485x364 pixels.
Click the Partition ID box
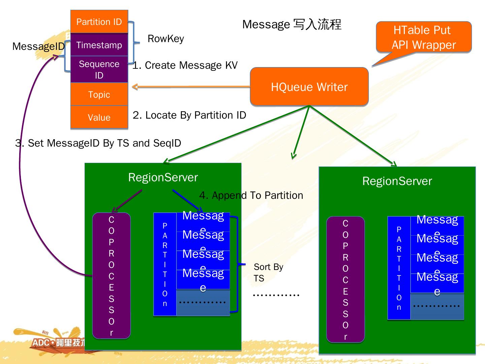(x=99, y=22)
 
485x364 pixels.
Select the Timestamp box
(x=99, y=45)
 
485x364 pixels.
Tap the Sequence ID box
(x=99, y=69)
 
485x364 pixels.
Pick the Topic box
(x=99, y=94)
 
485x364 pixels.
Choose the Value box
(x=99, y=117)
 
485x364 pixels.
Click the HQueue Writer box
(x=309, y=87)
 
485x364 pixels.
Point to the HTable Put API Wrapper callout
(x=423, y=37)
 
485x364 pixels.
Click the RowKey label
(x=166, y=39)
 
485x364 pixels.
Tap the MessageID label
(x=38, y=47)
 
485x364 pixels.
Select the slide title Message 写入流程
(x=292, y=24)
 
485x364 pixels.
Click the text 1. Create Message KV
(x=185, y=65)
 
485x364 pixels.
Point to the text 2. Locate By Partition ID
(x=189, y=115)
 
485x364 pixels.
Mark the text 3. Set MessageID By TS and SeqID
(x=98, y=143)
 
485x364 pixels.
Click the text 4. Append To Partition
(x=251, y=195)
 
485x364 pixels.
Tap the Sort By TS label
(x=268, y=272)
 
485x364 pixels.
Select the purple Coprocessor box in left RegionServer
(x=111, y=276)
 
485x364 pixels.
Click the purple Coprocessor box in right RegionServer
(x=346, y=279)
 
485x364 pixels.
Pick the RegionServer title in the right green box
(x=397, y=181)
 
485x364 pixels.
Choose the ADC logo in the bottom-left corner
(x=57, y=342)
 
